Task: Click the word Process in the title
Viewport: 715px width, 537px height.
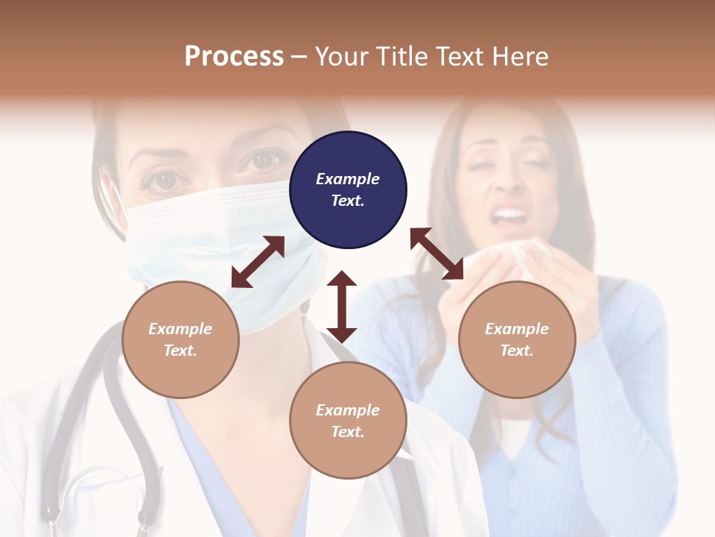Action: click(234, 57)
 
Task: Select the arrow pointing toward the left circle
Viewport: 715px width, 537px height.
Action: click(258, 262)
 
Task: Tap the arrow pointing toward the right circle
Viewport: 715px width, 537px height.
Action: click(437, 254)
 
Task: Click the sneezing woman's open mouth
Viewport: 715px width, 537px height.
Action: click(509, 217)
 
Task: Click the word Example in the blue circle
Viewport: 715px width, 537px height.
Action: click(348, 179)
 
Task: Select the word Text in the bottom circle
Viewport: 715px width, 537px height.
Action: click(348, 432)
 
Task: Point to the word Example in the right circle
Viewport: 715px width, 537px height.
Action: click(517, 329)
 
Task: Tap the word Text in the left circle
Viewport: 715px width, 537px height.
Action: click(180, 351)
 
